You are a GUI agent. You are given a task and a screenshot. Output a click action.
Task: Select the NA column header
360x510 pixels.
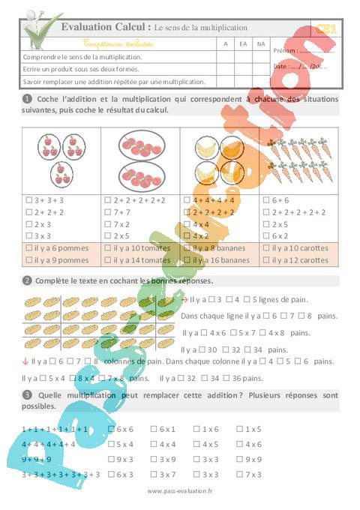(260, 43)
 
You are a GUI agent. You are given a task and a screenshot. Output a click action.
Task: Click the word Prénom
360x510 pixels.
(284, 50)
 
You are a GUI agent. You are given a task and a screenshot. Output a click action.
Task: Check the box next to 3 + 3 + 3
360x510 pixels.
(28, 200)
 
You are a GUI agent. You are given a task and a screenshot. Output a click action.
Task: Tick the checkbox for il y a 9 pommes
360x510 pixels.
(28, 260)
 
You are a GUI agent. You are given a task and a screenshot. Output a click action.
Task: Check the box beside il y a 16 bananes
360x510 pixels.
(187, 260)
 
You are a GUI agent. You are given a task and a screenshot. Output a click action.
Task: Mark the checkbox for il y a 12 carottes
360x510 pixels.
(267, 260)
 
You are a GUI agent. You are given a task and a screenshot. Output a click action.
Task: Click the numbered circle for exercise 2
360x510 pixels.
(26, 280)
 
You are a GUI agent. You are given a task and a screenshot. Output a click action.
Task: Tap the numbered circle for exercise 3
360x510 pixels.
(26, 394)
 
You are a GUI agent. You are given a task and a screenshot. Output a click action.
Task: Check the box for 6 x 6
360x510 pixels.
(111, 429)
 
